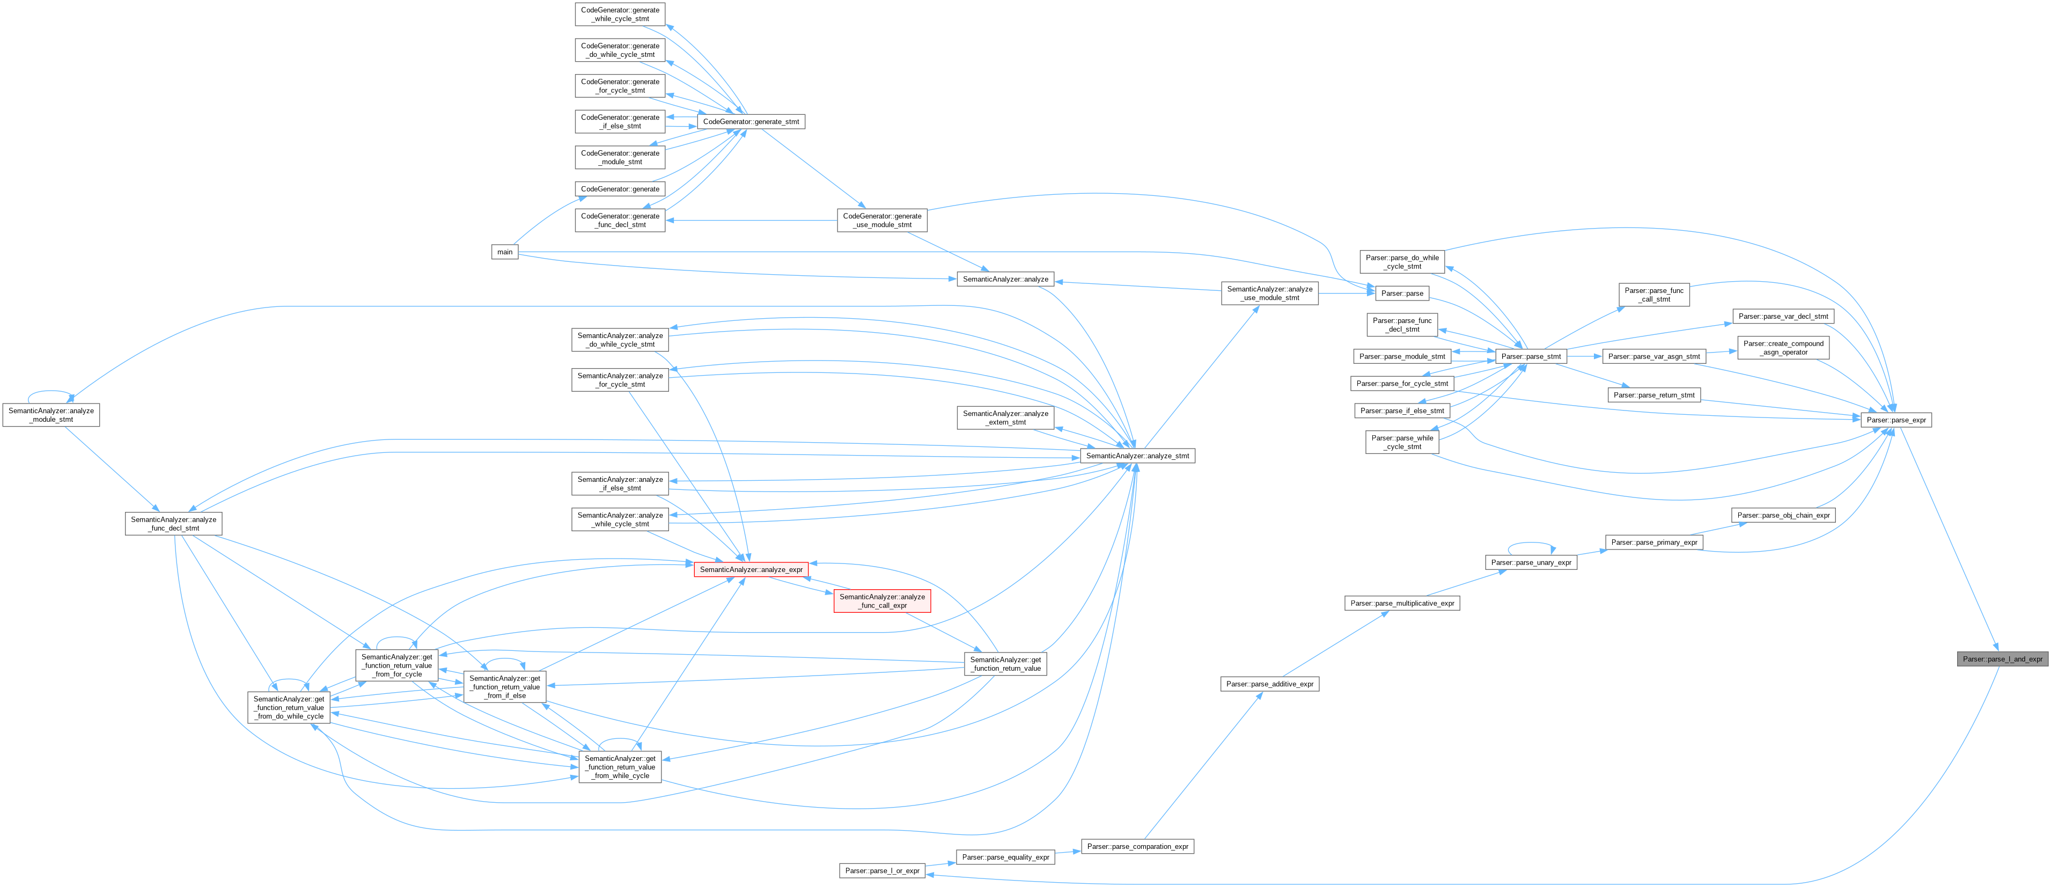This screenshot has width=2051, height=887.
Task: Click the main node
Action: point(505,252)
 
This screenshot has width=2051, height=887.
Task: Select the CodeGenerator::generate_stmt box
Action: point(751,122)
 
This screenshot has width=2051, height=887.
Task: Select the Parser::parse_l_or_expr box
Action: point(882,871)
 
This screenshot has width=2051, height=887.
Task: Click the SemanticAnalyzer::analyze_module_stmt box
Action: point(51,415)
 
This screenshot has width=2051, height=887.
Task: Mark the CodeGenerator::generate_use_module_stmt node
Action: point(882,221)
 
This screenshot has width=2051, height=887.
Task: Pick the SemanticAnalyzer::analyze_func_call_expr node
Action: point(882,601)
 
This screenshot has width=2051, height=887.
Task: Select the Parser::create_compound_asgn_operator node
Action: point(1783,348)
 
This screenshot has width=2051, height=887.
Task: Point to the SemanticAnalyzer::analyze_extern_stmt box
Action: point(1005,418)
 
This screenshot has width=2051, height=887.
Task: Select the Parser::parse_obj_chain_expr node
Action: point(1783,515)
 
